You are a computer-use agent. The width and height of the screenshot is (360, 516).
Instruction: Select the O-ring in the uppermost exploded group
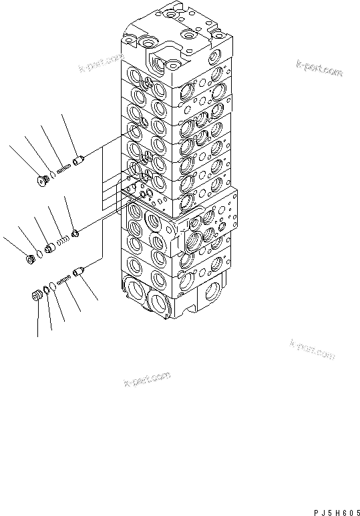[53, 176]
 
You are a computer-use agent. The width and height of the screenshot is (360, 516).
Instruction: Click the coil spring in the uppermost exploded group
[63, 170]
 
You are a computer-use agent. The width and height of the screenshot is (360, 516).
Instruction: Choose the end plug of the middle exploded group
[30, 257]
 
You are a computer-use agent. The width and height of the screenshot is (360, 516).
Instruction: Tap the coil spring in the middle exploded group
[62, 240]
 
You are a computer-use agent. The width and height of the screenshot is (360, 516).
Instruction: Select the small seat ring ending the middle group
[75, 233]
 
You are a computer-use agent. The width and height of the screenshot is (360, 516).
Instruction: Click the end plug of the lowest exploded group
[37, 295]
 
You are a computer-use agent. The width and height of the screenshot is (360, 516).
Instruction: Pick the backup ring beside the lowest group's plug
[45, 291]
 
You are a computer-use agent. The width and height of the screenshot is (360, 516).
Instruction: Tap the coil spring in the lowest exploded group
[64, 281]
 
